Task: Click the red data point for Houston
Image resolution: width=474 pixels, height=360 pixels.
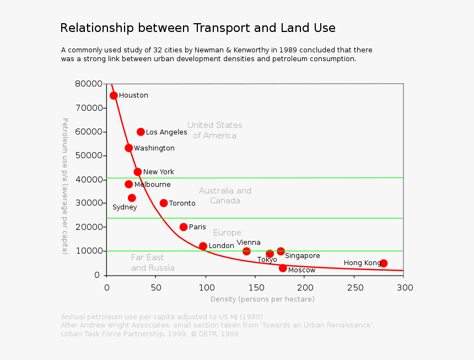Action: pos(114,95)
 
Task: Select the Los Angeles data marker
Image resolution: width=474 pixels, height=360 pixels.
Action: pos(141,132)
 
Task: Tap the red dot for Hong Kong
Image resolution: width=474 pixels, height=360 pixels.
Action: pos(384,263)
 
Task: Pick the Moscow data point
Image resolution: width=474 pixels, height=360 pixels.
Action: pos(283,268)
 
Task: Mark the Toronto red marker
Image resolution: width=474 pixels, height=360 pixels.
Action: pos(164,203)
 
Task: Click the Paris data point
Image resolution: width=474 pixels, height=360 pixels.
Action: pos(184,227)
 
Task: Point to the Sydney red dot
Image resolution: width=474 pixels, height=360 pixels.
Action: pos(132,198)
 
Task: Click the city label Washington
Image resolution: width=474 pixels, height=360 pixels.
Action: pos(154,148)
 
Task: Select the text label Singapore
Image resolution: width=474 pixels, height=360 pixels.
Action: pos(302,256)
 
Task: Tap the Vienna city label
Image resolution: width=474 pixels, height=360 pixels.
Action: pos(249,243)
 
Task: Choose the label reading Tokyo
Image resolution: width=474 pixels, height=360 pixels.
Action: pos(267,260)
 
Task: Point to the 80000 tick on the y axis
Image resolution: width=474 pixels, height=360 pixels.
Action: pos(89,84)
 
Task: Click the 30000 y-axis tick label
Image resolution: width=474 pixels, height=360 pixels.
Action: pos(89,203)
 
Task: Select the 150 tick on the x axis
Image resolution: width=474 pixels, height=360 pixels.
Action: pos(256,287)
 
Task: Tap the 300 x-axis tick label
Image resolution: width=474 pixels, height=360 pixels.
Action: pos(404,287)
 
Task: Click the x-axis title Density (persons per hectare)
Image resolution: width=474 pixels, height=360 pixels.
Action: pos(262,299)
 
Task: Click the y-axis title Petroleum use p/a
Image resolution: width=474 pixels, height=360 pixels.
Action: pos(64,186)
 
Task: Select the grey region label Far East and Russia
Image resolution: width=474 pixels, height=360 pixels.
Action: pos(153,263)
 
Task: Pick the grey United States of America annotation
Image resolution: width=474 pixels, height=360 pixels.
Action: pos(214,131)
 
